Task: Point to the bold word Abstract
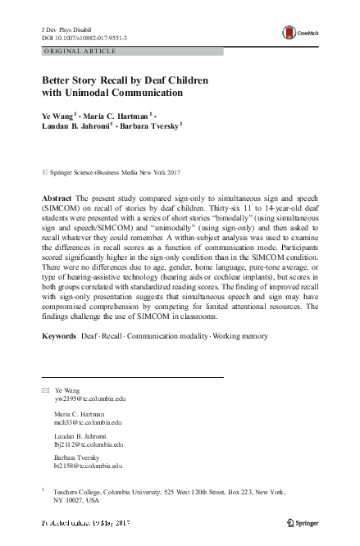pos(57,200)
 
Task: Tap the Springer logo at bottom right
pos(304,523)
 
